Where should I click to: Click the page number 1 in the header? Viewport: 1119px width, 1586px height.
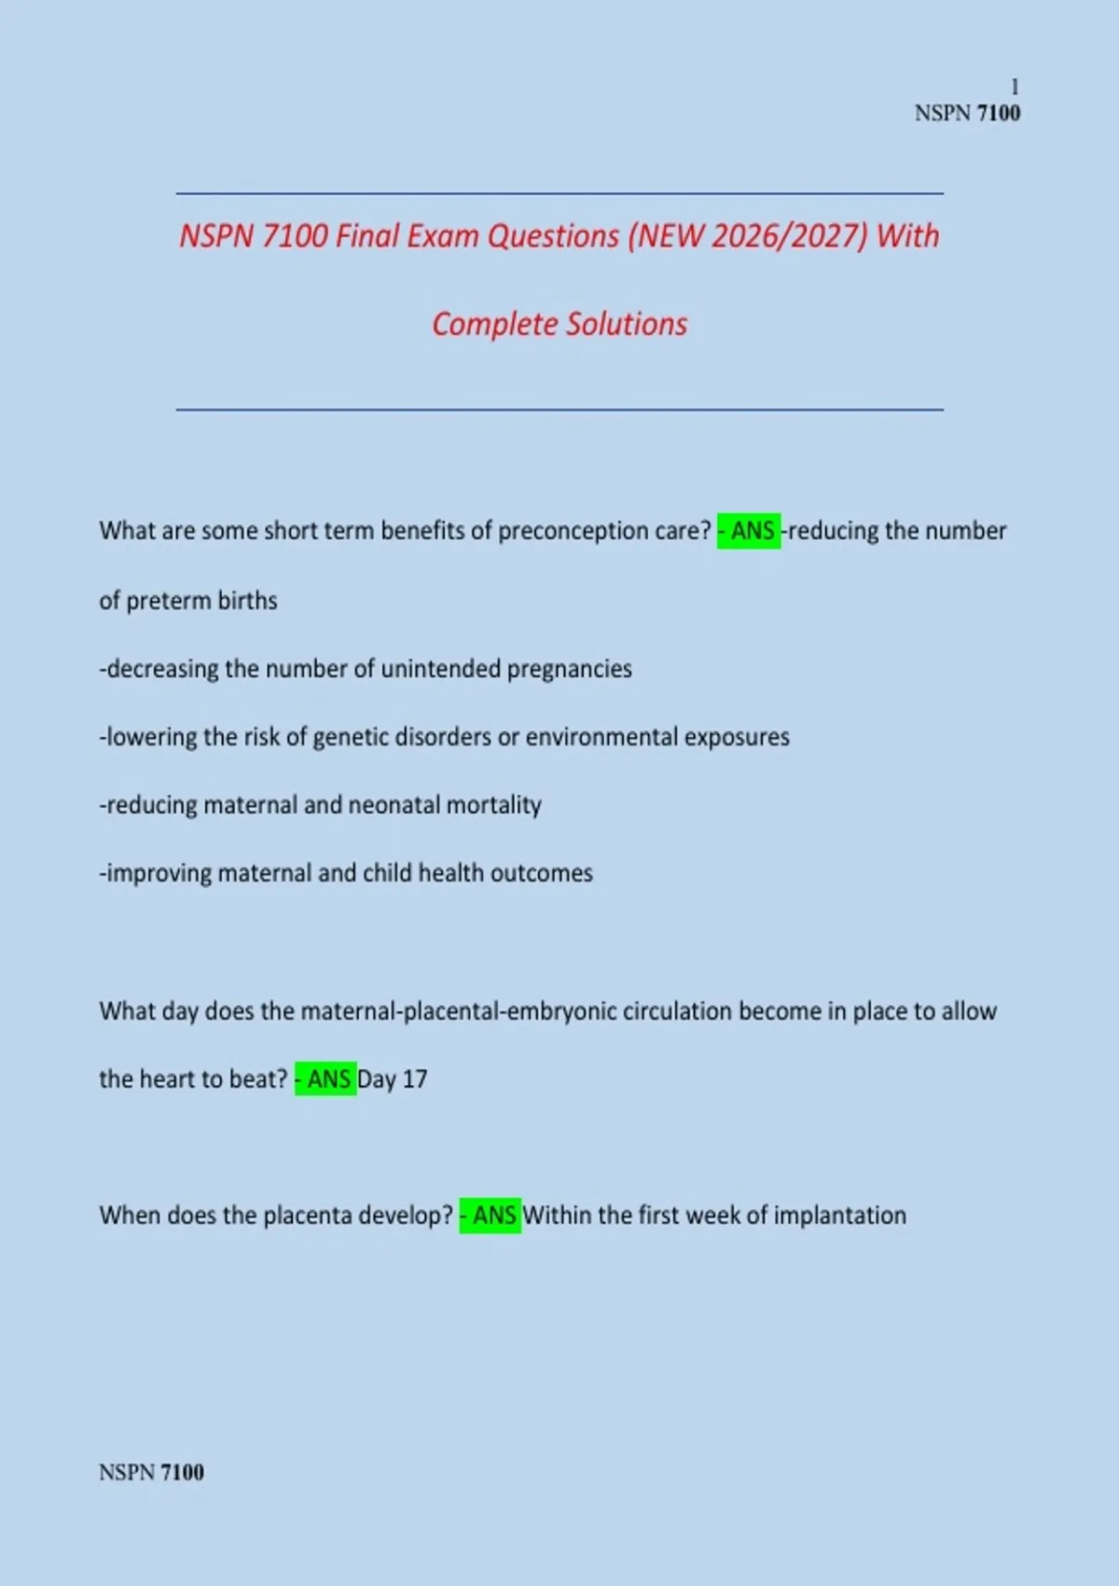(1015, 87)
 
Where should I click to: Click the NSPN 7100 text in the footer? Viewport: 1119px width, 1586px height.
(151, 1472)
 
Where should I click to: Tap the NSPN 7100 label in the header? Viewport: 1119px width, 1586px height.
(967, 113)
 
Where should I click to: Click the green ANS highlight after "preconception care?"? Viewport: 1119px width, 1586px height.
(749, 531)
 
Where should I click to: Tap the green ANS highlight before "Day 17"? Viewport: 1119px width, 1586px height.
(325, 1079)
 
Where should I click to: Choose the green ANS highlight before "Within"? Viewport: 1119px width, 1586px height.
(490, 1216)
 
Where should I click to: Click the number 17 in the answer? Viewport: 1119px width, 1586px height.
(415, 1079)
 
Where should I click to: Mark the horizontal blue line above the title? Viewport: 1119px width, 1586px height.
(559, 194)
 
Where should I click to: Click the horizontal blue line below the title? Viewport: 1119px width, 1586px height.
(559, 410)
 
